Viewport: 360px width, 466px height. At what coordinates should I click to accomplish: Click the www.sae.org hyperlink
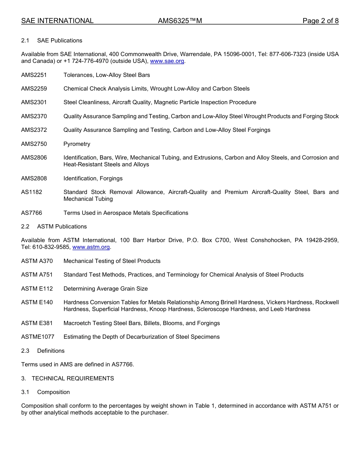coord(167,61)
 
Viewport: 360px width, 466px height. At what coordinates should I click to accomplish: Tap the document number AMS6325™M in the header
coord(180,21)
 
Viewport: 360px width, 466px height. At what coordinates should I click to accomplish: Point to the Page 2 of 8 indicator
coord(320,21)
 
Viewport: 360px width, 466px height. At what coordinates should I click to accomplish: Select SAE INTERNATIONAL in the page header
coord(57,21)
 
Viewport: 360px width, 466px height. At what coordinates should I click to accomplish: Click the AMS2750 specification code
coord(34,144)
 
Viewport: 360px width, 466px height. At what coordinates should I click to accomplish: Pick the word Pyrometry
coord(77,144)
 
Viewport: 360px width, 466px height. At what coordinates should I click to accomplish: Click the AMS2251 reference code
coord(34,75)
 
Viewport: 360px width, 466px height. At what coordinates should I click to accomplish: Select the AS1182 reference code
coord(32,192)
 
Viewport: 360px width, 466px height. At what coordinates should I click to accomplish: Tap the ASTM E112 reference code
coord(37,289)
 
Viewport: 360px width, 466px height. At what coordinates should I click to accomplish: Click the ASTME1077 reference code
coord(38,337)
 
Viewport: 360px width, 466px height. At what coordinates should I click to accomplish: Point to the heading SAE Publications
coord(59,41)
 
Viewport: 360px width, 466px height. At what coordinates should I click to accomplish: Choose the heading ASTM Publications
coord(62,227)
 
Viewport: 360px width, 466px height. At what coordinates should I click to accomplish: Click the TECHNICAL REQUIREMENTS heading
coord(73,378)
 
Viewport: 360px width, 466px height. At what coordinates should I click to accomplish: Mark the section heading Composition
coord(53,392)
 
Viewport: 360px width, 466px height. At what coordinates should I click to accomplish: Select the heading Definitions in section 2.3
coord(51,351)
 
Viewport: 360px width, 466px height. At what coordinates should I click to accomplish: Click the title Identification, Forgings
coord(93,178)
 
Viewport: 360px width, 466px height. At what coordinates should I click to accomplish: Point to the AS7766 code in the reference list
coord(32,213)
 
